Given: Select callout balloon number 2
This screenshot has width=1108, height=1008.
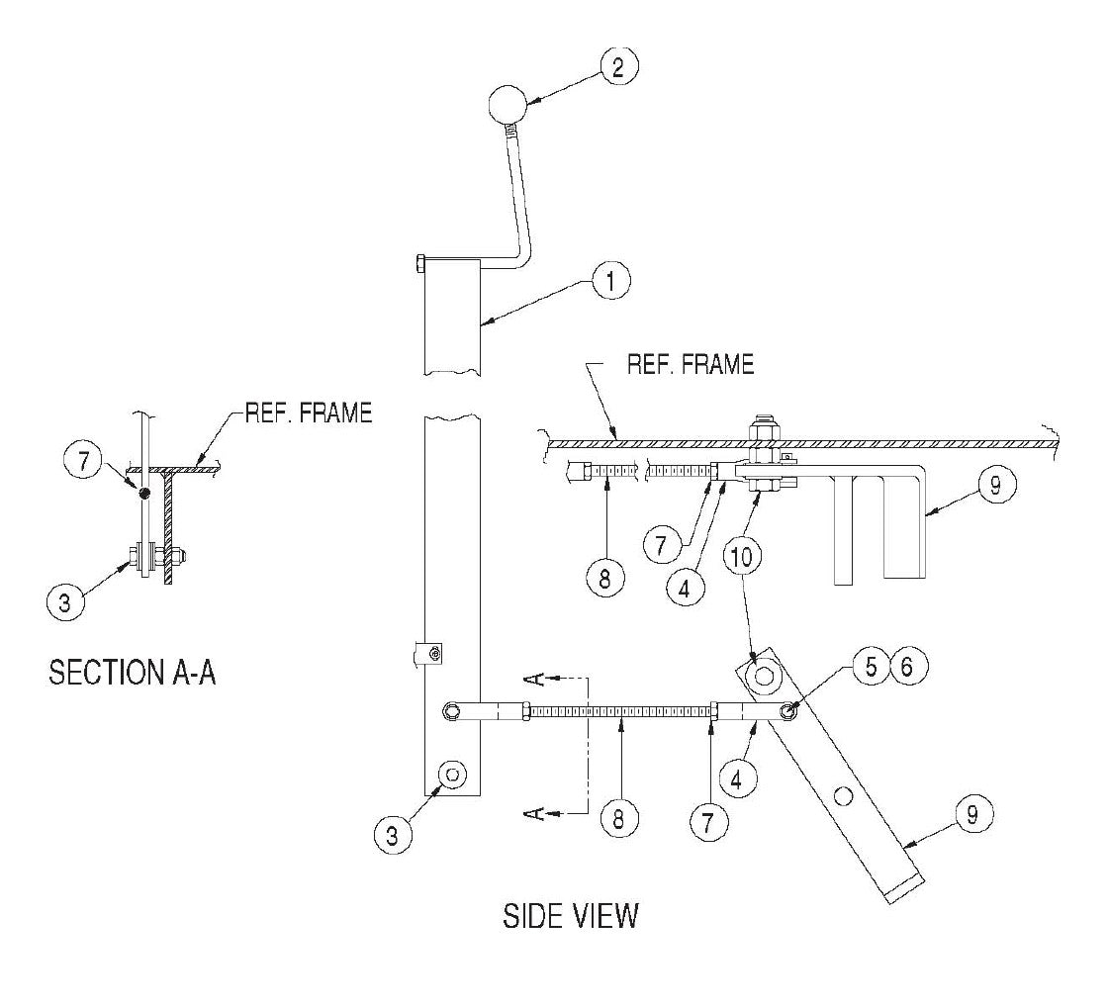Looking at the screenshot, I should click(618, 66).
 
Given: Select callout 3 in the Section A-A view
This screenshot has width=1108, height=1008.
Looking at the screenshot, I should click(64, 602).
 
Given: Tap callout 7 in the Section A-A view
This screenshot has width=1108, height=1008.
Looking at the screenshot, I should click(83, 460).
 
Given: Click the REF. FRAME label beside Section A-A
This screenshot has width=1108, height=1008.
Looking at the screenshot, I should click(308, 412).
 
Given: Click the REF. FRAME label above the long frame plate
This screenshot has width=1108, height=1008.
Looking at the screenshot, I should click(690, 364).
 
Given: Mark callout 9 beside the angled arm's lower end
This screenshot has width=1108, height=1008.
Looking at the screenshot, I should click(972, 815).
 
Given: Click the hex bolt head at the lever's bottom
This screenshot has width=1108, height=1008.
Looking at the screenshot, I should click(451, 773).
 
